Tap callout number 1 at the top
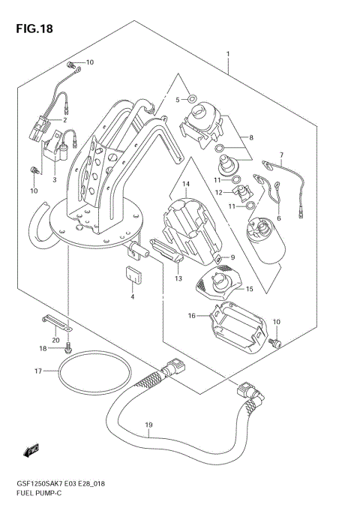227,54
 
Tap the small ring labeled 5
192,98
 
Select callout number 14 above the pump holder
186,184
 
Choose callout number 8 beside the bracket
251,137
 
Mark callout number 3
54,179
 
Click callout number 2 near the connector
64,119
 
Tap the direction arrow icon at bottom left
31,450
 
